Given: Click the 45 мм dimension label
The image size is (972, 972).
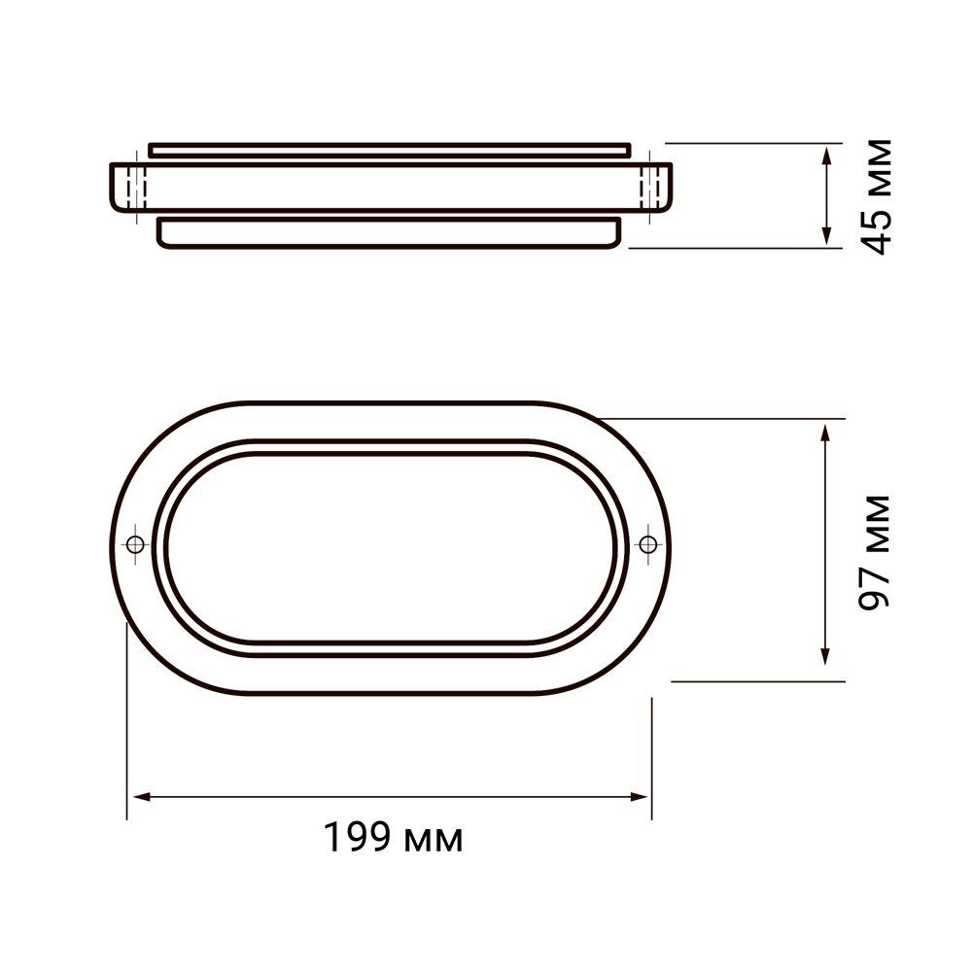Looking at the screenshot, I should click(x=877, y=197).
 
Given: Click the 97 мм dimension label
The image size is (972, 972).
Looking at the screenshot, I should click(x=877, y=551).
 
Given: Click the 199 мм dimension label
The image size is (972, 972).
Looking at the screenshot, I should click(x=393, y=837).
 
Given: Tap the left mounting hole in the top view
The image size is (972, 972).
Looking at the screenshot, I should click(x=134, y=543).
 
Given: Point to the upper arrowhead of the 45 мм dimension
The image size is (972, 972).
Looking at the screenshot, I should click(x=826, y=156).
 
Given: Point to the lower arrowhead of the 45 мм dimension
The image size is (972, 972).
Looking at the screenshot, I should click(x=826, y=237).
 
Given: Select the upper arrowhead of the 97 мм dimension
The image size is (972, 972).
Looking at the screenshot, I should click(x=826, y=432).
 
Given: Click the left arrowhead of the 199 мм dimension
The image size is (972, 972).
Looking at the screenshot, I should click(x=138, y=797).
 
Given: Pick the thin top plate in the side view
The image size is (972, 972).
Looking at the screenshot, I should click(x=389, y=150).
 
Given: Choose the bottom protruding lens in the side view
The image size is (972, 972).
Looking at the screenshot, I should click(x=389, y=233).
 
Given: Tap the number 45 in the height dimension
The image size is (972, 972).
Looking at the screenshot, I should click(x=877, y=230).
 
